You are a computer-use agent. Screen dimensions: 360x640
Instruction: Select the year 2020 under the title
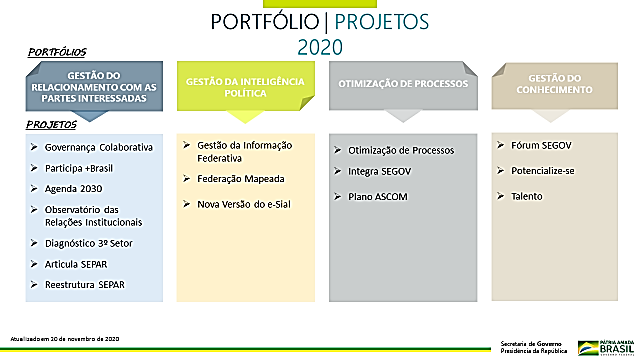[x=320, y=46]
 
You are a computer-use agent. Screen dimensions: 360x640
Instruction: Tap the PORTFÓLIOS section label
[x=56, y=50]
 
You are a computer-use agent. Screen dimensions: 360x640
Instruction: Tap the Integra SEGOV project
[x=384, y=171]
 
